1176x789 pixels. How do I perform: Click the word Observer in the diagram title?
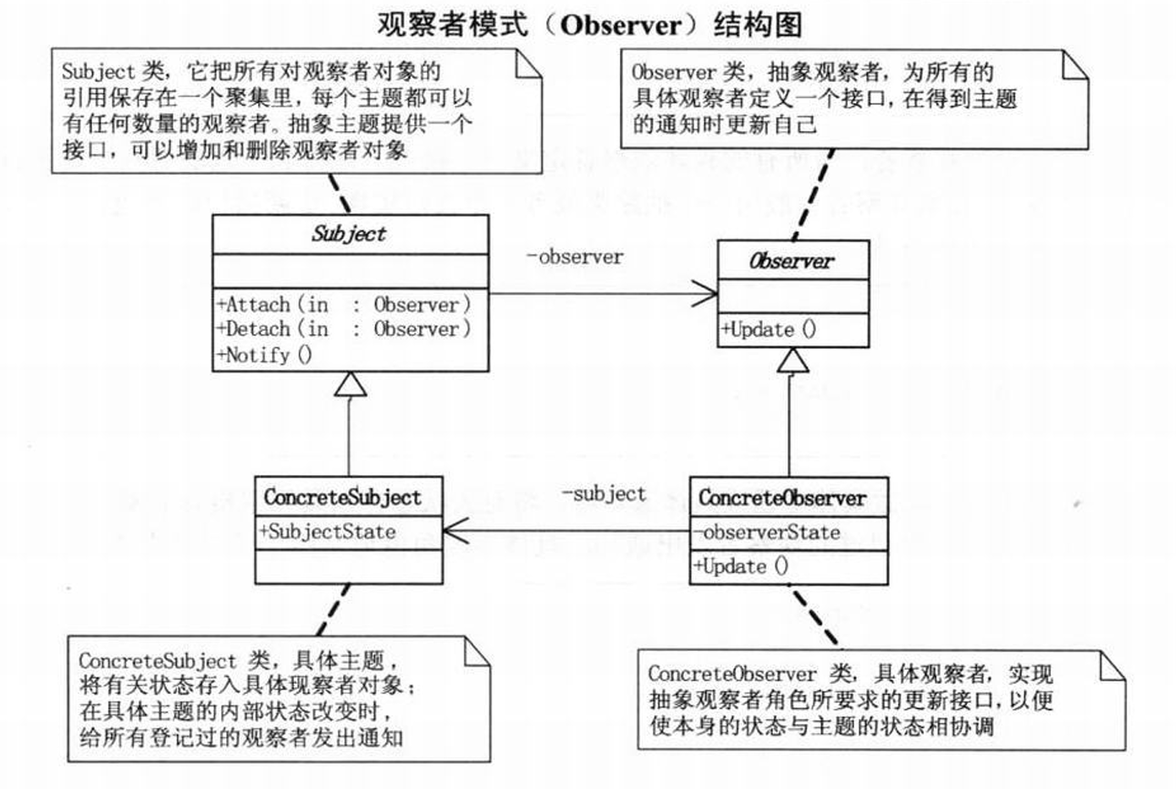pyautogui.click(x=621, y=25)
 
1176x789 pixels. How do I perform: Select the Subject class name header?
pyautogui.click(x=350, y=234)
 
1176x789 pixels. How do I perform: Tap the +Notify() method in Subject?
pyautogui.click(x=265, y=355)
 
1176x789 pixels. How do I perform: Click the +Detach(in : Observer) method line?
pyautogui.click(x=344, y=329)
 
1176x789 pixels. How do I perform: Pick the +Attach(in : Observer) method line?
pyautogui.click(x=344, y=305)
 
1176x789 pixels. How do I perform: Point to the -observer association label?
pyautogui.click(x=574, y=257)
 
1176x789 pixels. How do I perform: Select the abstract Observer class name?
pyautogui.click(x=792, y=262)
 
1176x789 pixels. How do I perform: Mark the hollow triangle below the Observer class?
pyautogui.click(x=792, y=361)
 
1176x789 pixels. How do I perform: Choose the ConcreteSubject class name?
pyautogui.click(x=342, y=497)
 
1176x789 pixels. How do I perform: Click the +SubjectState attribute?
pyautogui.click(x=328, y=532)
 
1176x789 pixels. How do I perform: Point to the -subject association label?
pyautogui.click(x=604, y=494)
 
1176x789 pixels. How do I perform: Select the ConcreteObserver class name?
pyautogui.click(x=782, y=498)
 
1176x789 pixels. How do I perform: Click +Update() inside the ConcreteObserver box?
pyautogui.click(x=741, y=566)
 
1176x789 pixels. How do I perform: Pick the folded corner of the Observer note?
pyautogui.click(x=1074, y=65)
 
